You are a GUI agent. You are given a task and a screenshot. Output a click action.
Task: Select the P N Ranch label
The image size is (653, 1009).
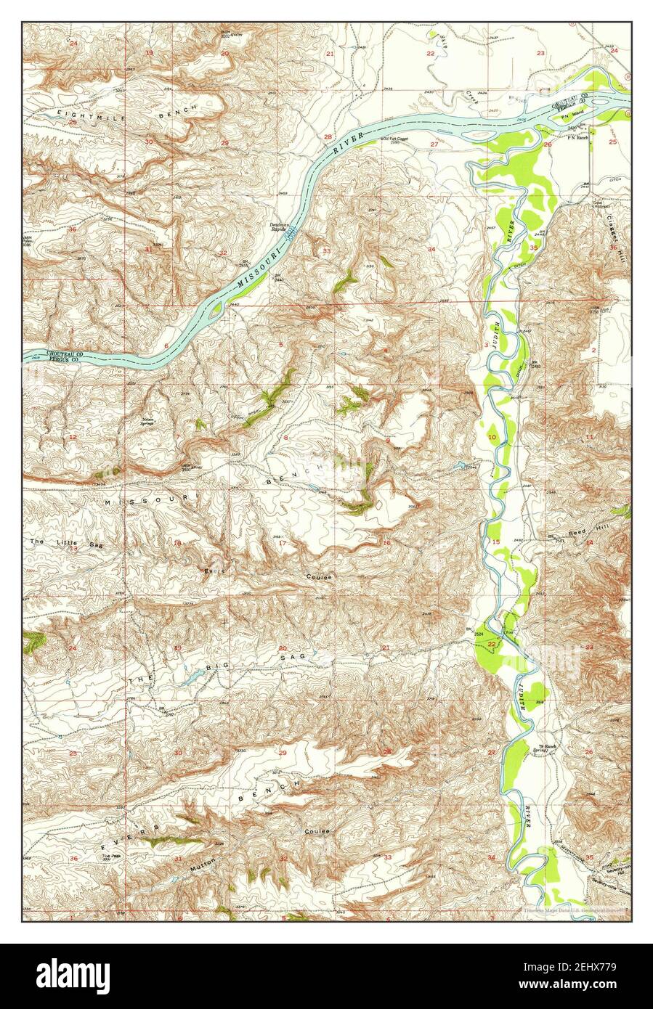578,137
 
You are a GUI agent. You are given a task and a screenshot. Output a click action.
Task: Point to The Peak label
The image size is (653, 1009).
110,856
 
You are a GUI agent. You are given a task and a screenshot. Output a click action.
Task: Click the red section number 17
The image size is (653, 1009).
283,543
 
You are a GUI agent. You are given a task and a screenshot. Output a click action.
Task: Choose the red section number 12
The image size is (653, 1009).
73,438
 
